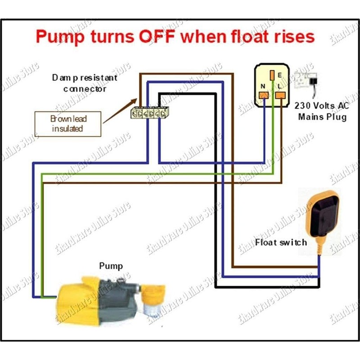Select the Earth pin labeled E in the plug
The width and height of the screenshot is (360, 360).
tap(272, 74)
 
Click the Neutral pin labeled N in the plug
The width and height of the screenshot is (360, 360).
tap(264, 94)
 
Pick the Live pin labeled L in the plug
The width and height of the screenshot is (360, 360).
tap(282, 94)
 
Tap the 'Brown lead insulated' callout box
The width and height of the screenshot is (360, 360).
tap(68, 124)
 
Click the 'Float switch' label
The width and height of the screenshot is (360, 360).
tap(281, 243)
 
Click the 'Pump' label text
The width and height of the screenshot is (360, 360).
tap(111, 266)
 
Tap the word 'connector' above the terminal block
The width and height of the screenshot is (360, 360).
tap(85, 89)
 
